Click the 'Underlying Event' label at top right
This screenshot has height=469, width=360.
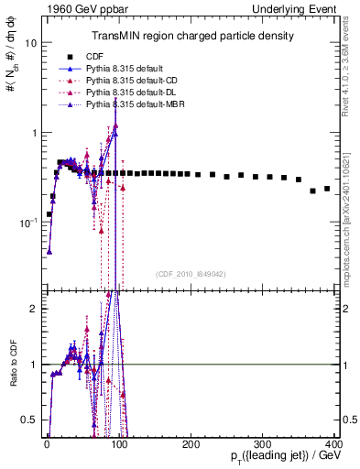tap(301, 8)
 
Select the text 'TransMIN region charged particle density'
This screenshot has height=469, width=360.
tap(191, 37)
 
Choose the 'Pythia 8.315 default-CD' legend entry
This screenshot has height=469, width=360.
tap(132, 82)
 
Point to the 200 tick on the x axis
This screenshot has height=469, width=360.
tap(191, 444)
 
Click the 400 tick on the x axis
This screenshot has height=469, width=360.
tap(335, 444)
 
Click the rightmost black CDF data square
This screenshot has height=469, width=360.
tap(328, 189)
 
